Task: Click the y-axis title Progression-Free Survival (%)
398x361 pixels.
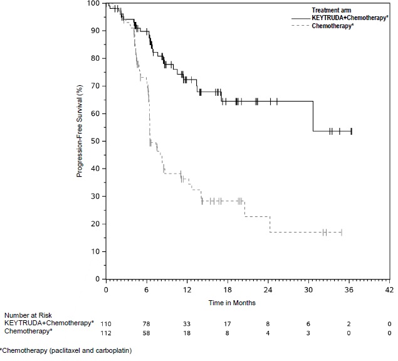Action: pos(80,141)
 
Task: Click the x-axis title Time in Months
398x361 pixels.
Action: pos(232,302)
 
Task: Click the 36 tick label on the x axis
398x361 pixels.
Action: pos(349,290)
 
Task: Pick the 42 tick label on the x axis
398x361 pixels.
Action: pos(389,290)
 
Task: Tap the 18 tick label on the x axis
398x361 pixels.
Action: pos(227,290)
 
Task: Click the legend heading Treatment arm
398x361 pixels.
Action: pos(333,10)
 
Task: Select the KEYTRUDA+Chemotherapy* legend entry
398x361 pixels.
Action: pos(345,18)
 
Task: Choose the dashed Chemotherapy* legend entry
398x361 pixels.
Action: pos(332,26)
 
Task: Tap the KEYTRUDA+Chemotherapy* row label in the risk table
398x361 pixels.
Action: pos(49,323)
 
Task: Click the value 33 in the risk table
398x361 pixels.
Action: pos(187,323)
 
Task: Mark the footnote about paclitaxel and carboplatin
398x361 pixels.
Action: pos(66,350)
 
